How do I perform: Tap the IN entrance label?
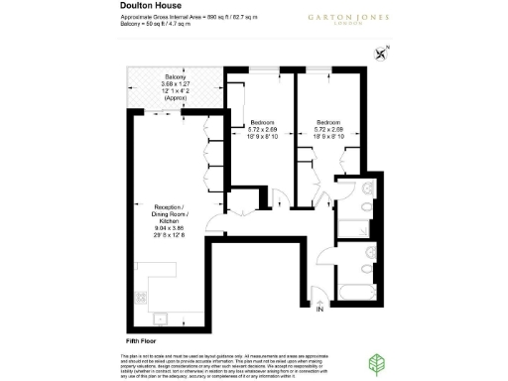[319, 311]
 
